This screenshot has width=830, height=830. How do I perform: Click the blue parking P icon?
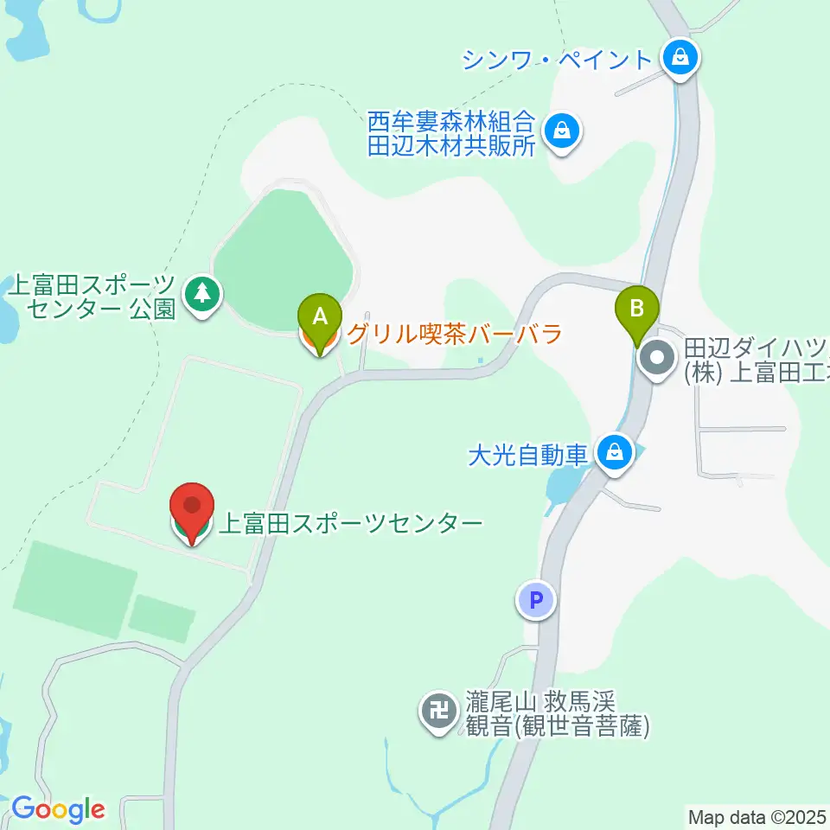536,599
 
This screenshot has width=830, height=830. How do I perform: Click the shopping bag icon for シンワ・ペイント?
680,59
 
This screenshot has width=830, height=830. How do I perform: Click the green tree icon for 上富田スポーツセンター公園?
202,294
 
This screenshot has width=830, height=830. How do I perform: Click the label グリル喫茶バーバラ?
455,334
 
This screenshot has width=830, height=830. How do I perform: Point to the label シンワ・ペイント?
556,60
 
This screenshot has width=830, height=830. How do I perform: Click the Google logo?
58,809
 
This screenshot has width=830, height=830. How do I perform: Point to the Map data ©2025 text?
757,816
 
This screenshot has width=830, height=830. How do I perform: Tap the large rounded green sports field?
283,259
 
